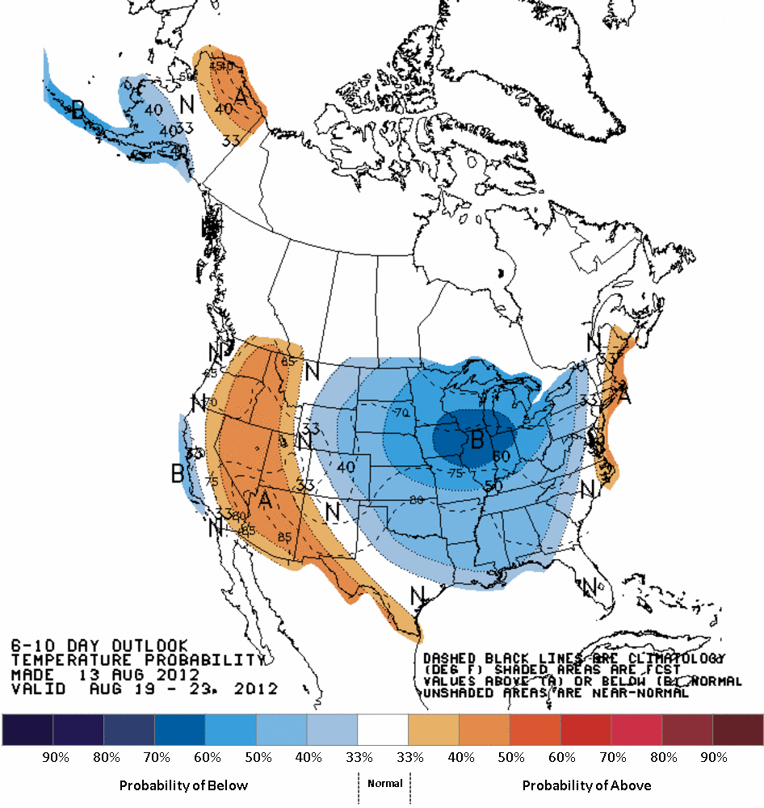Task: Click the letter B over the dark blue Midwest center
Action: (x=476, y=440)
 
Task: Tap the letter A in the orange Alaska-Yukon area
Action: (x=241, y=98)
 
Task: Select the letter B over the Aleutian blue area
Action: (x=78, y=110)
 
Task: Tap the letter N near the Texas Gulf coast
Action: (x=418, y=595)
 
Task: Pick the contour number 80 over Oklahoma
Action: (x=417, y=500)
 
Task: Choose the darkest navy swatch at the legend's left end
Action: (x=27, y=730)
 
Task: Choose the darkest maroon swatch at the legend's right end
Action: (x=738, y=730)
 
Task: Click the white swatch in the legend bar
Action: (x=384, y=730)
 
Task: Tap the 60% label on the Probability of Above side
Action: (x=562, y=758)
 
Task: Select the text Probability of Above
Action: (x=586, y=785)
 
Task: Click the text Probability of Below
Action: (x=183, y=785)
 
